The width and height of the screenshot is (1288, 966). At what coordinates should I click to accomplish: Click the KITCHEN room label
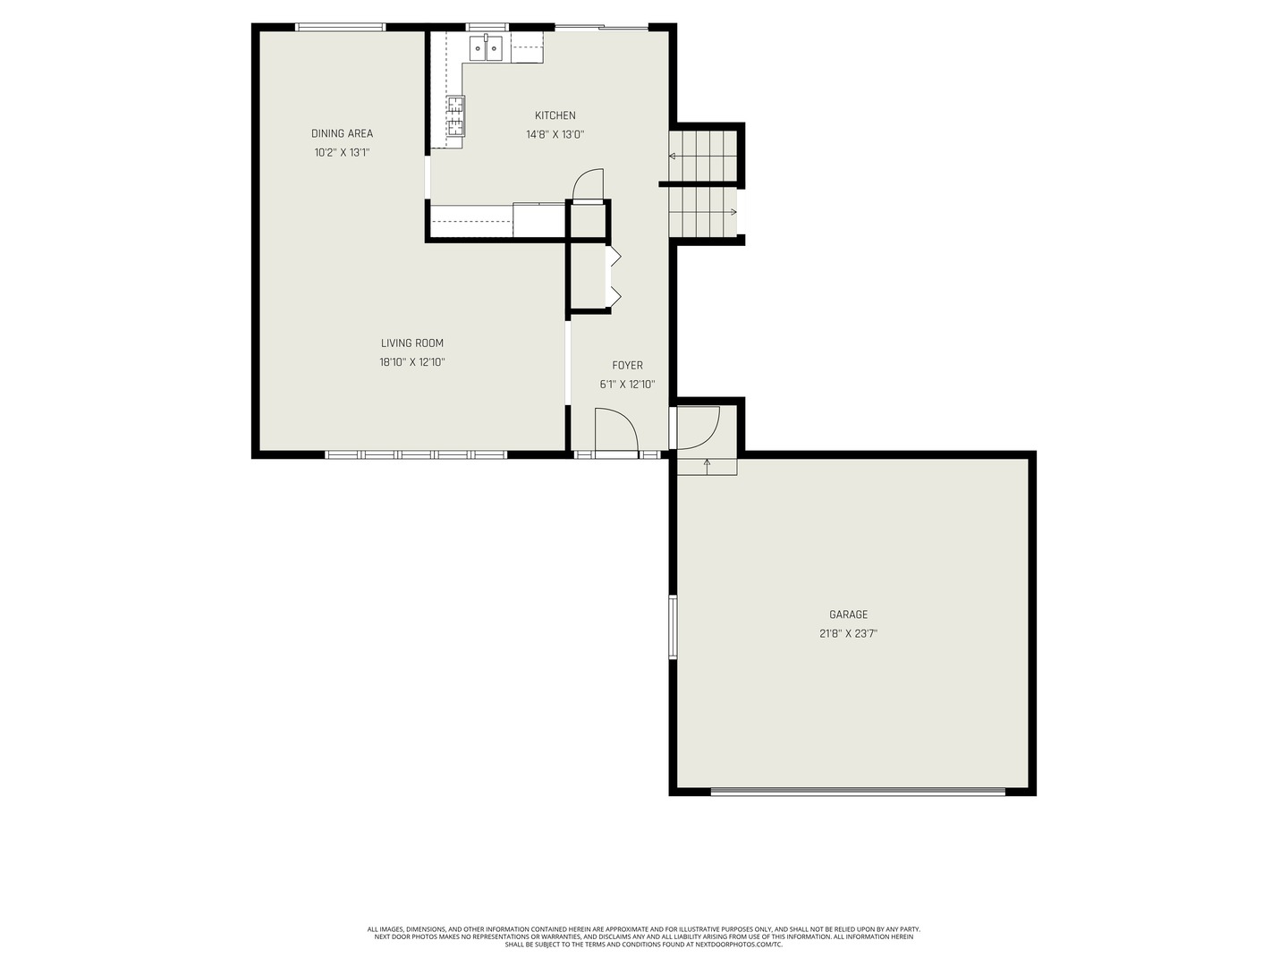click(555, 115)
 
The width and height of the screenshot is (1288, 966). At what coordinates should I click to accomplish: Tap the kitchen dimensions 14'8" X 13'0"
click(555, 135)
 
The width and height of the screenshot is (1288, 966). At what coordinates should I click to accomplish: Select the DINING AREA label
click(342, 133)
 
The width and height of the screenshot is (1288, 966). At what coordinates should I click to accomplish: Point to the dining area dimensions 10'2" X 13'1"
click(342, 153)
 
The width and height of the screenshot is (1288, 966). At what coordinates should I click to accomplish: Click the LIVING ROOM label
click(411, 343)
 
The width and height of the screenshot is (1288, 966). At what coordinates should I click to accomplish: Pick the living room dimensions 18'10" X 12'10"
click(411, 362)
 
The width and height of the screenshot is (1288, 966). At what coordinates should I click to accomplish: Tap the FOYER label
click(627, 365)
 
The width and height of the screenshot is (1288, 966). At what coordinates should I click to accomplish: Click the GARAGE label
click(848, 614)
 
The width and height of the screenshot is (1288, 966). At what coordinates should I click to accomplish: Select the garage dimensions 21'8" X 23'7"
click(848, 633)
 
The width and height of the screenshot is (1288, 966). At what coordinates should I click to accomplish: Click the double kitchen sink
click(486, 48)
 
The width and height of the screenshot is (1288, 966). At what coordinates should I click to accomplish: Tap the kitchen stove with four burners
click(455, 115)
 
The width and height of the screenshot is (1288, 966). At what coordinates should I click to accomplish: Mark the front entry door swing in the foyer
click(614, 430)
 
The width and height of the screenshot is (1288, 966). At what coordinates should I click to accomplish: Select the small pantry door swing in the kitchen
click(588, 184)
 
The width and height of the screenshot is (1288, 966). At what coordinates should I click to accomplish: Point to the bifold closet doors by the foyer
click(614, 275)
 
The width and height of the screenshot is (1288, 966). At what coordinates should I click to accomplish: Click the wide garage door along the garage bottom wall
click(858, 791)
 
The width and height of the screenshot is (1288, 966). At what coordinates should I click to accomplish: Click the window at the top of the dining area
click(341, 27)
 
